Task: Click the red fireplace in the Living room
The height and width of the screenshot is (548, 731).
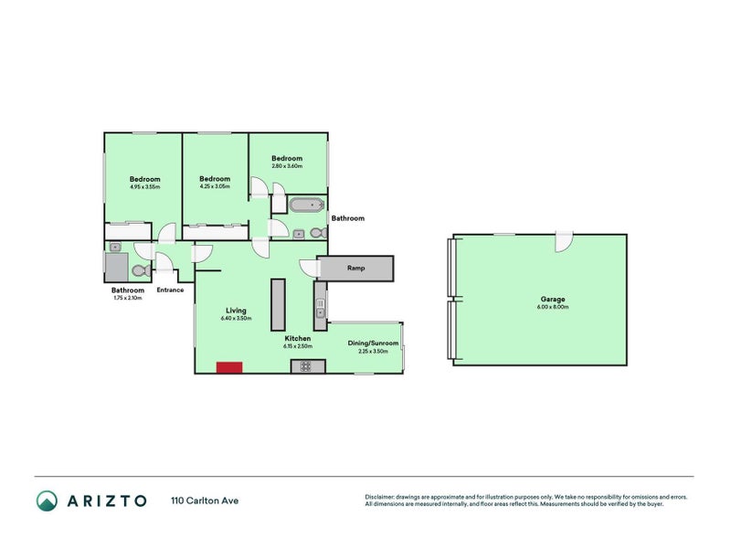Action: pos(229,367)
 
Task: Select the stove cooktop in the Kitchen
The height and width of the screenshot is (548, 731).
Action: pos(304,367)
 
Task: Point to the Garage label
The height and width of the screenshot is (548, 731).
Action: pos(552,300)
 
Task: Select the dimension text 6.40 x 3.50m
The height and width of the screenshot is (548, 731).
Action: pos(237,319)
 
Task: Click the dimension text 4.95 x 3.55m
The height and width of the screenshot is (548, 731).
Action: pos(144,187)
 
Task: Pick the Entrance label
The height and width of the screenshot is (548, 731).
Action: pos(171,290)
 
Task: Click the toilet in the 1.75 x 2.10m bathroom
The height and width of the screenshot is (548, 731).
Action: pos(140,270)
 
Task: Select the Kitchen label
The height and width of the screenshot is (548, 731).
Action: pos(298,338)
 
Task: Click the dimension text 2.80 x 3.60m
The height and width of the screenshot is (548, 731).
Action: pos(286,167)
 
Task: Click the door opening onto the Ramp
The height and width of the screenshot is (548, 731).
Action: pos(310,269)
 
